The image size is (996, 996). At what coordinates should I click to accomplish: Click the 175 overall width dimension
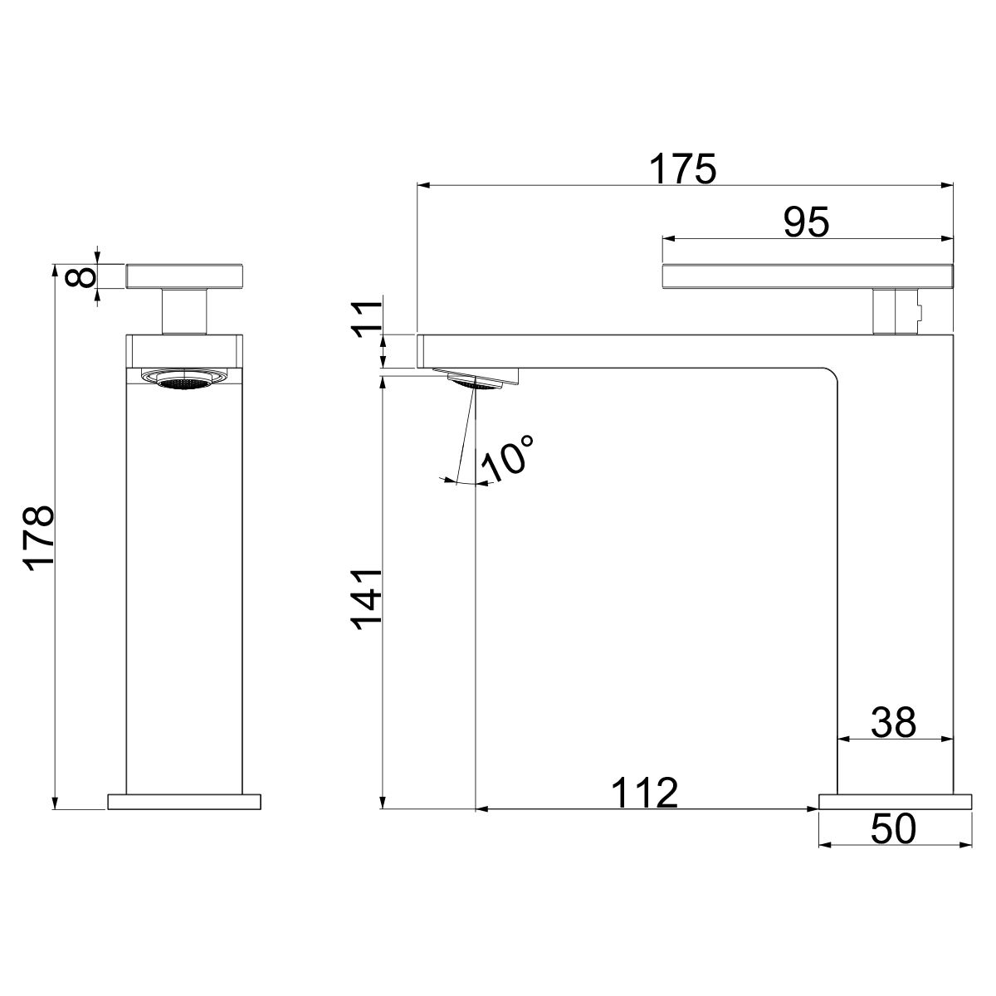(682, 169)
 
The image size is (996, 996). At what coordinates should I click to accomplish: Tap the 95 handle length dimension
(806, 222)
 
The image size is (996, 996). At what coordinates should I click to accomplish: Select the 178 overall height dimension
(39, 538)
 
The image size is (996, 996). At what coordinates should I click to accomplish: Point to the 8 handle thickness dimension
(81, 277)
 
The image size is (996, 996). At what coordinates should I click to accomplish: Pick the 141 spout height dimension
(367, 600)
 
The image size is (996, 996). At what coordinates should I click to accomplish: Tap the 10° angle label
(507, 459)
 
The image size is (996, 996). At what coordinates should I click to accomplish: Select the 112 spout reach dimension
(644, 793)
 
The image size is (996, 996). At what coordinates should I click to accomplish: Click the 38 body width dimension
(893, 723)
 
